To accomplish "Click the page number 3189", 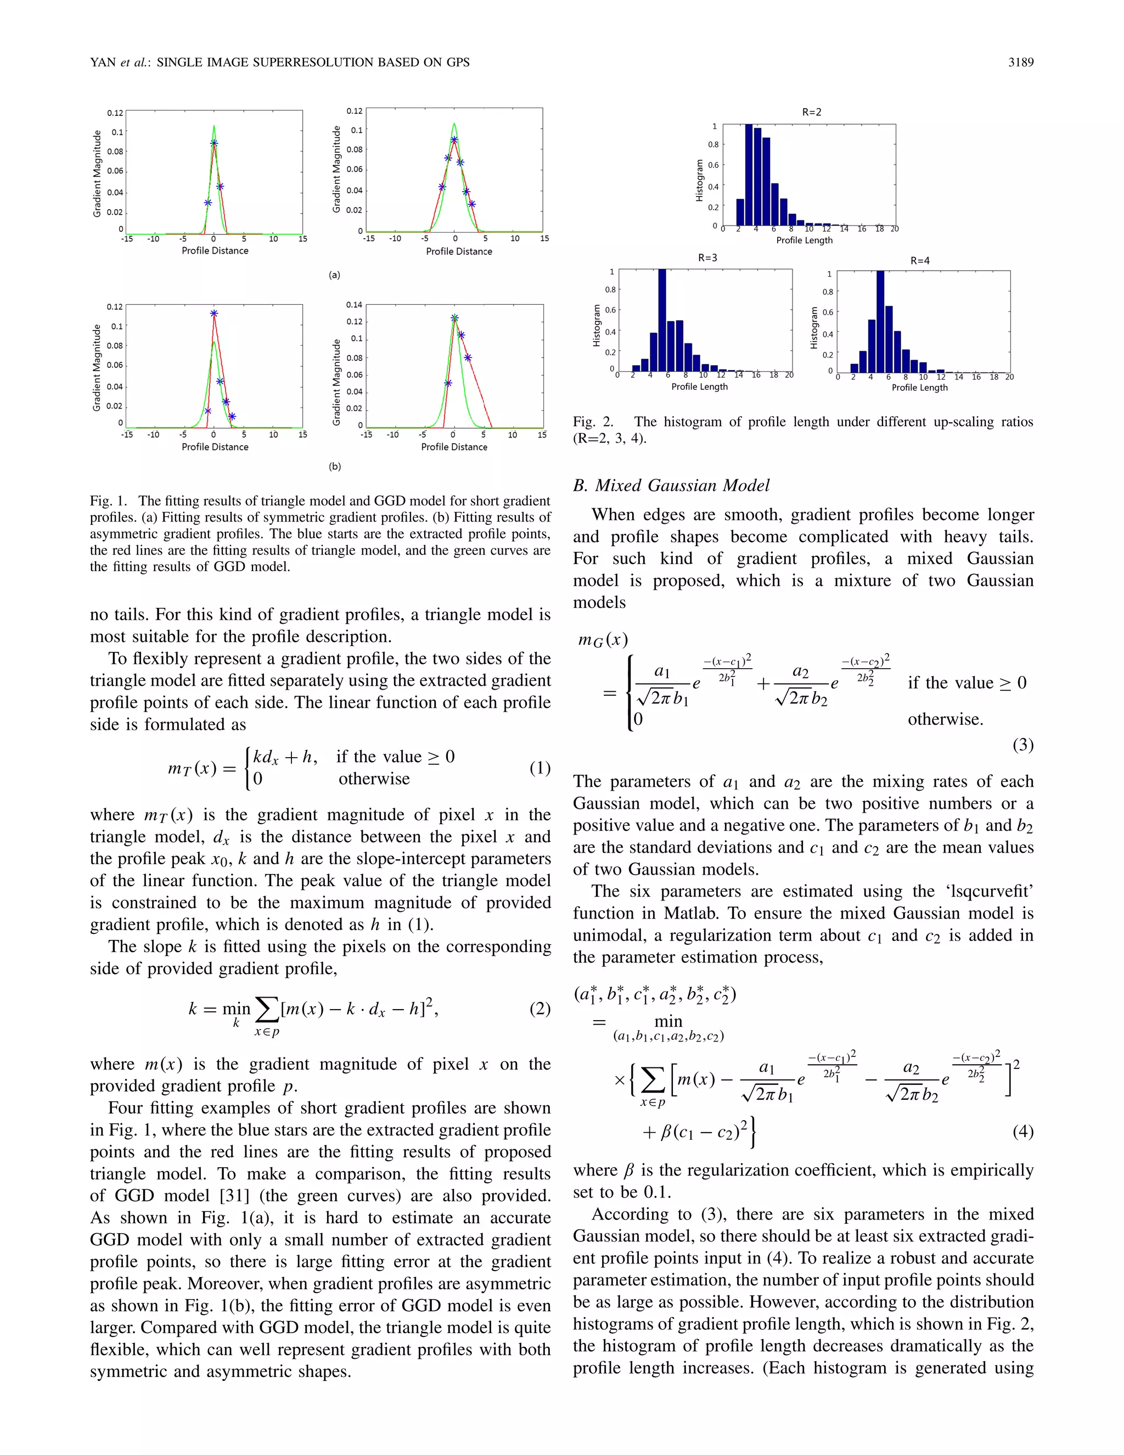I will (x=1020, y=63).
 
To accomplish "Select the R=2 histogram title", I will (x=811, y=113).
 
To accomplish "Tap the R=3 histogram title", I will (x=707, y=258).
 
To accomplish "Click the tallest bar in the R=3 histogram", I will (x=662, y=320).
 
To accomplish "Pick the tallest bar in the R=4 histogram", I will (x=880, y=322).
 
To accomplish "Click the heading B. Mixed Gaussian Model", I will (x=671, y=486).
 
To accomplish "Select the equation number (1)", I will (x=539, y=768).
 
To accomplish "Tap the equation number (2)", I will (x=539, y=1009).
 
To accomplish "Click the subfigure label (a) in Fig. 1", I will (x=334, y=275).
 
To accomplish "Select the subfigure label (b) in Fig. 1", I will (x=334, y=466).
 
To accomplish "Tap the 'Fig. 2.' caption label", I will (x=593, y=422).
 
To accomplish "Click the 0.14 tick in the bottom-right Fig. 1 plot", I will (x=354, y=305).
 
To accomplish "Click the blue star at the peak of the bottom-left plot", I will (x=213, y=313).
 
